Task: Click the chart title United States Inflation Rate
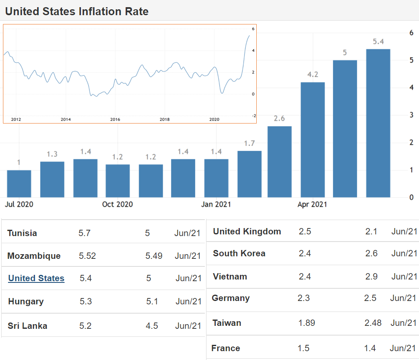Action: point(77,11)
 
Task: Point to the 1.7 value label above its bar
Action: point(250,143)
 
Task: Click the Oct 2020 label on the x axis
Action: point(118,204)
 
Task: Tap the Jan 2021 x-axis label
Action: point(216,204)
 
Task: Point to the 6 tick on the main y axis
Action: point(411,33)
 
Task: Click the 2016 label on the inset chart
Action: point(115,119)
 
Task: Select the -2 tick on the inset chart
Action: point(253,116)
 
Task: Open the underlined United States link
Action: point(36,278)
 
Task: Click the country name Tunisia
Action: point(22,233)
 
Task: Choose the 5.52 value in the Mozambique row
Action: point(87,256)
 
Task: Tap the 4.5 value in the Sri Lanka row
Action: point(152,326)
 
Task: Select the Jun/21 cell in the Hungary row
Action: point(188,301)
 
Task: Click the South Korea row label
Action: point(239,253)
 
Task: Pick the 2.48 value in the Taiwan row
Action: point(373,323)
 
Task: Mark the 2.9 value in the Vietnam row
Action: point(371,277)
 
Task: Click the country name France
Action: point(226,348)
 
